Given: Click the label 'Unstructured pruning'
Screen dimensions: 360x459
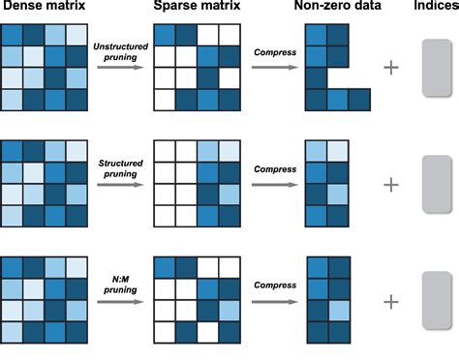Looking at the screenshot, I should (117, 53).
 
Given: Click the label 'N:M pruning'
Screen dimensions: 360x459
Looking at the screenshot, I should (117, 285).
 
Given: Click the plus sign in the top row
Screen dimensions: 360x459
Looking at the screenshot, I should (391, 67).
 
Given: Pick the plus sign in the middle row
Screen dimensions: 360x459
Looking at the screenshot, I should (391, 184).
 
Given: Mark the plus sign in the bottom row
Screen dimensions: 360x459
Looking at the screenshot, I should (391, 301).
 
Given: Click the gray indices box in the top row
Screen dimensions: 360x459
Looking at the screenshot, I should (437, 68).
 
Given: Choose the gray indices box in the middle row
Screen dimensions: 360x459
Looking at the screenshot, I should (437, 184).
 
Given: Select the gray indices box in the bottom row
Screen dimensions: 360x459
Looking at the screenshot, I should (437, 301).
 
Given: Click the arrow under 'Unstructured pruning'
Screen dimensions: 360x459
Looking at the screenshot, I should (117, 69).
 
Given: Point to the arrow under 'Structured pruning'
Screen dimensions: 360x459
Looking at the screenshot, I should (117, 185).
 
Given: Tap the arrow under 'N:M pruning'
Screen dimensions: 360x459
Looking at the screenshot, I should (117, 301).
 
